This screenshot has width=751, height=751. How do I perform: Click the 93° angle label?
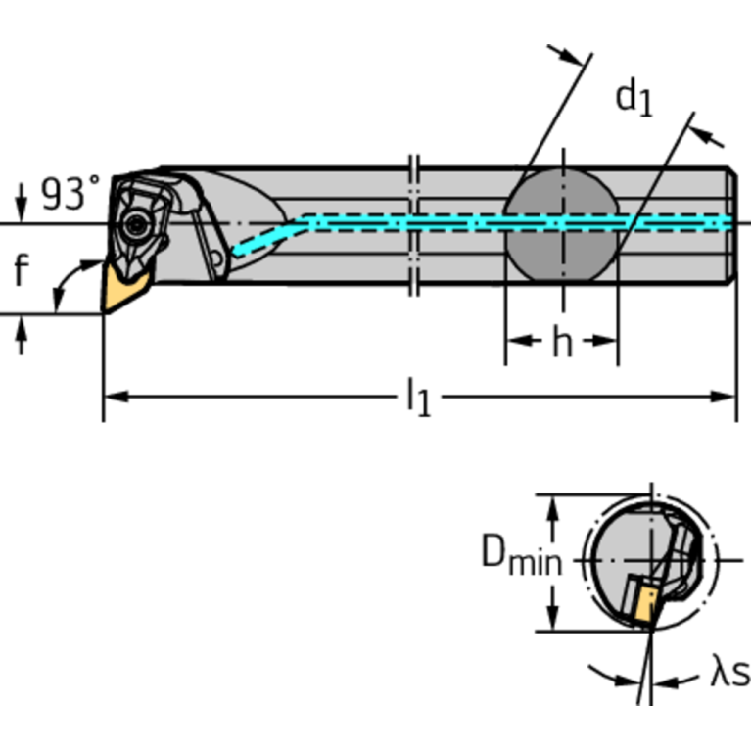click(x=70, y=194)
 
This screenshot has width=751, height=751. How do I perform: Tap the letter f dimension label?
click(x=22, y=270)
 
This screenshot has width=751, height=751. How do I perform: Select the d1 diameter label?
click(x=633, y=98)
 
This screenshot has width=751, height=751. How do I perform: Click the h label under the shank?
click(x=561, y=343)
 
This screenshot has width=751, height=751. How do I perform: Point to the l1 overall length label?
click(x=418, y=398)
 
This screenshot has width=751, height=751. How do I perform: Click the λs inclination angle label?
click(x=728, y=674)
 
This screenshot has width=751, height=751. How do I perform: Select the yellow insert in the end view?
click(x=644, y=601)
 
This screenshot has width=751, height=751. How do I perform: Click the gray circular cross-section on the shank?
click(x=562, y=224)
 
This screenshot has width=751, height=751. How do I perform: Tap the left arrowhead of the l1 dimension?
click(x=114, y=397)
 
